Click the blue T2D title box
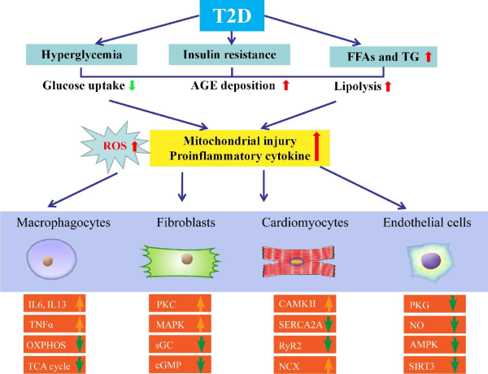[232, 17]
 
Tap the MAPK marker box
[184, 323]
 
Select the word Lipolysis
[356, 85]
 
